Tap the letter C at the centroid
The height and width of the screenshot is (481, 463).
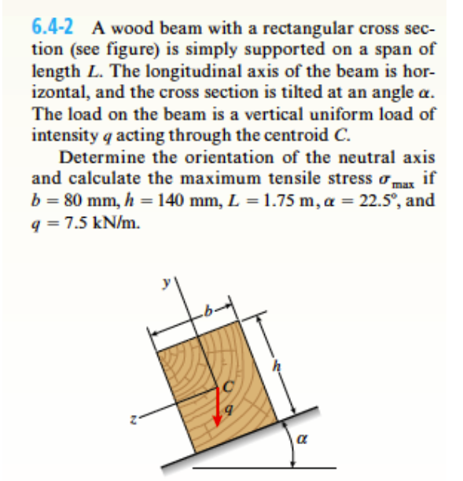coord(229,385)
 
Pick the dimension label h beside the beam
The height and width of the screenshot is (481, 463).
coord(277,365)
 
